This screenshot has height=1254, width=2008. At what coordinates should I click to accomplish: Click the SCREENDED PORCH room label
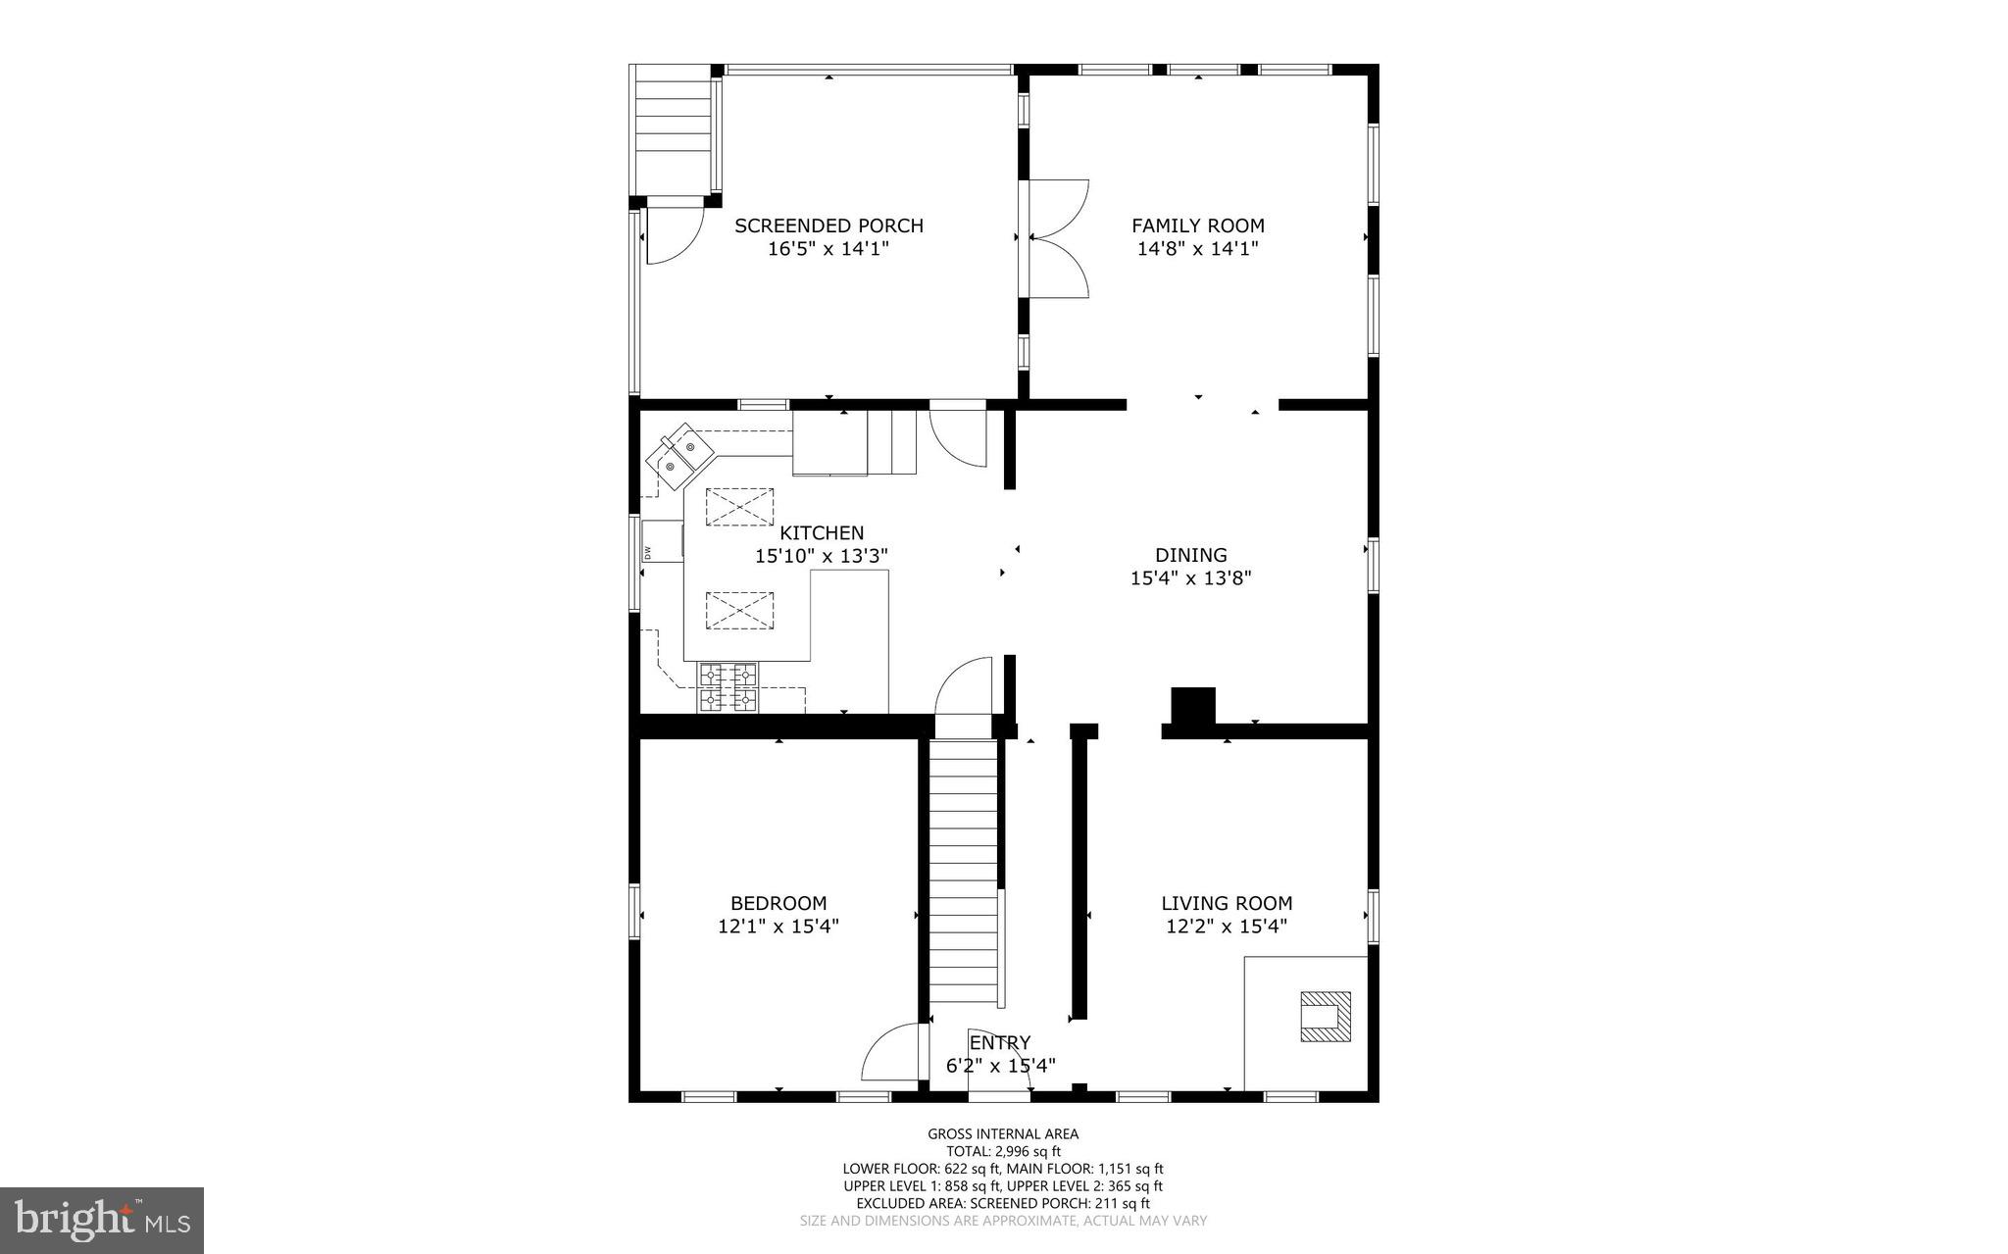tap(828, 226)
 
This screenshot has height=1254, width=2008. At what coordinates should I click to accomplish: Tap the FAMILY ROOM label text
tap(1197, 226)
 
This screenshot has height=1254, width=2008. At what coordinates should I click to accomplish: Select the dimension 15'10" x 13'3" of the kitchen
tap(821, 556)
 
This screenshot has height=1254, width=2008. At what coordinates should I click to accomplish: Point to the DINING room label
tap(1190, 555)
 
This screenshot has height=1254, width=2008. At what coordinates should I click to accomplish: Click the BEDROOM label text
tap(778, 903)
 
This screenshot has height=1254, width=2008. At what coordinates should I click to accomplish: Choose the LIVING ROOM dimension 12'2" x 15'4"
tap(1226, 926)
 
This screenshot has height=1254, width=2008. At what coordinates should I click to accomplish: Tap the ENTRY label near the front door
tap(999, 1042)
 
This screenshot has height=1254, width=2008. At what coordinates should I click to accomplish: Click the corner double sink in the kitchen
tap(678, 457)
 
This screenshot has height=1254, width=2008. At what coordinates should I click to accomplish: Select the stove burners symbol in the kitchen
tap(728, 686)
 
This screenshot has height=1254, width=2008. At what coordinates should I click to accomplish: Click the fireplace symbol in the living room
tap(1325, 1016)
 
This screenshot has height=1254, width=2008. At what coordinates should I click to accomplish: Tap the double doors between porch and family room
tap(1057, 238)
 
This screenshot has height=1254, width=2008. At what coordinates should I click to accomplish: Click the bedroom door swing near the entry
tap(894, 1052)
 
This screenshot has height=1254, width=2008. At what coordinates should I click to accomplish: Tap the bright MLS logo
tap(102, 1220)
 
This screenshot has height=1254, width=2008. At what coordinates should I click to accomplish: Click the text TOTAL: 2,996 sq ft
tap(1003, 1151)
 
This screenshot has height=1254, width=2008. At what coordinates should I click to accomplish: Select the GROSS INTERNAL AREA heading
tap(1003, 1134)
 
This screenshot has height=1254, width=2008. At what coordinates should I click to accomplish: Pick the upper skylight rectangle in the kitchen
tap(739, 507)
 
